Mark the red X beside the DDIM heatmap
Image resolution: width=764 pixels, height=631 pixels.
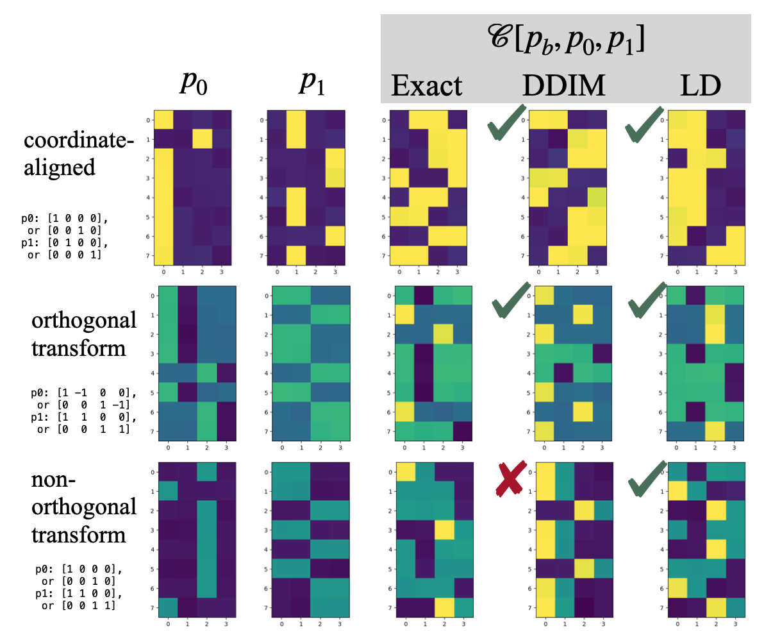point(511,478)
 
